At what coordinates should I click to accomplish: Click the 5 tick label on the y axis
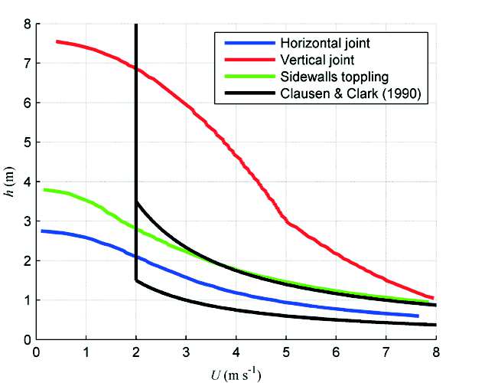point(27,142)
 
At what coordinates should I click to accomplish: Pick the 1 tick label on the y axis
point(27,300)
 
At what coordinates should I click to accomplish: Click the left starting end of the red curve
point(57,41)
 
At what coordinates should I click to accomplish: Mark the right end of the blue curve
point(418,316)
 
